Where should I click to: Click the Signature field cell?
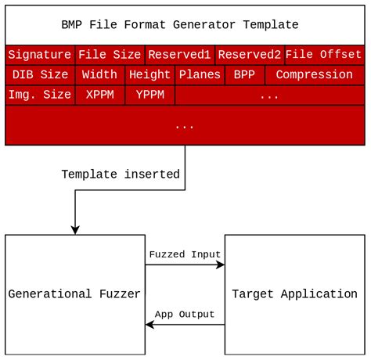tap(40, 55)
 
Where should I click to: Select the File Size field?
tap(110, 55)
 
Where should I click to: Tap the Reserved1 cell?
tap(179, 55)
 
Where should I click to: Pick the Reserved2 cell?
tap(249, 55)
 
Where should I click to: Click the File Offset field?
tap(324, 55)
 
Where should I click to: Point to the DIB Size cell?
tap(40, 75)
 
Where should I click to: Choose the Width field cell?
tap(99, 75)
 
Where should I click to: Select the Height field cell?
tap(149, 75)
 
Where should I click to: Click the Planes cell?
tap(200, 75)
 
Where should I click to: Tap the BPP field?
tap(245, 75)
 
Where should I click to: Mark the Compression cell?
tap(315, 75)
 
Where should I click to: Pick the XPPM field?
tap(99, 95)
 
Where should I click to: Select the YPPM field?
tap(149, 95)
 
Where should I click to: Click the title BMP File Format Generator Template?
tap(185, 24)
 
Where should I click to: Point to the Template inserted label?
tap(121, 175)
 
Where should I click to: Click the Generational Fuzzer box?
tap(74, 294)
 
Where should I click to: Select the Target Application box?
tap(295, 294)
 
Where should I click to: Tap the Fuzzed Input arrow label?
tap(185, 254)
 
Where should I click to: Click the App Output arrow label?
tap(185, 315)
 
